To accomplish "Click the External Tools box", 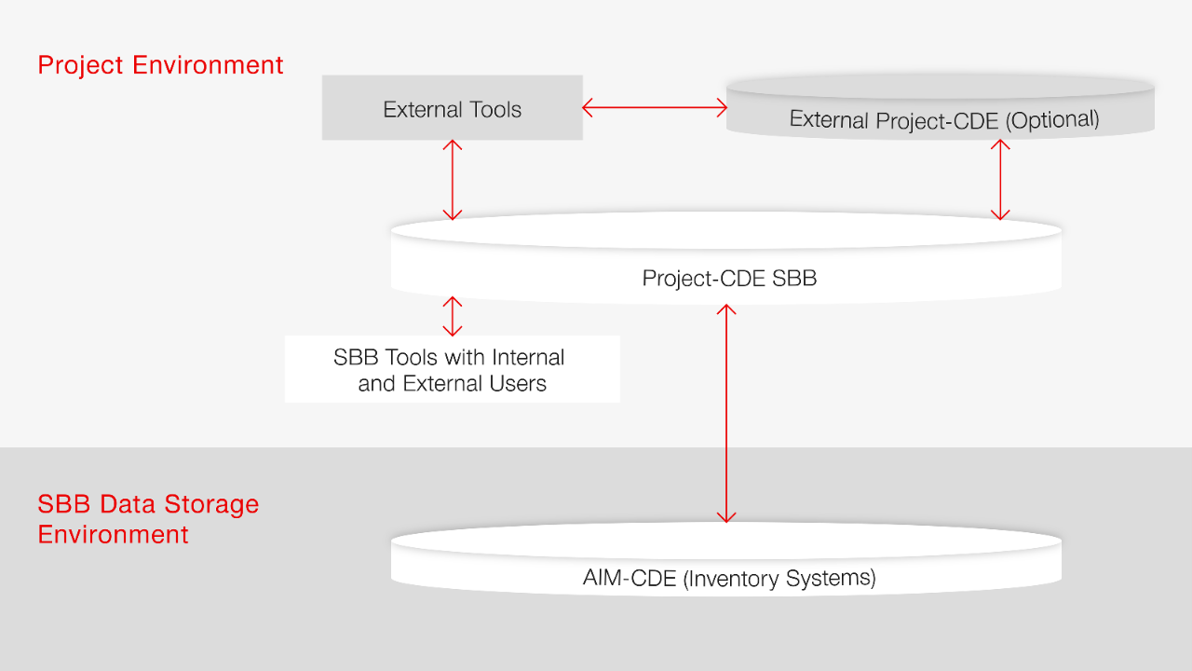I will [x=452, y=108].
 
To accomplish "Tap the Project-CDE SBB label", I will [x=729, y=278].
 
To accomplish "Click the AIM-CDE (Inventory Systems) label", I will [x=729, y=578].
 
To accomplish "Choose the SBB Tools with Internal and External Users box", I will [x=452, y=370].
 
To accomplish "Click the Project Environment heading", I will [x=160, y=65].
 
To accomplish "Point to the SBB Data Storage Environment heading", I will [x=148, y=519].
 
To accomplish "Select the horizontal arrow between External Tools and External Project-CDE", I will [x=655, y=108].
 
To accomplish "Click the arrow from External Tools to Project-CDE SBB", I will [x=453, y=180].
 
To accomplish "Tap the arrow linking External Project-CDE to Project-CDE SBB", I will [x=1001, y=180].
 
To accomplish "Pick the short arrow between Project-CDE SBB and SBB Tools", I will [x=453, y=316].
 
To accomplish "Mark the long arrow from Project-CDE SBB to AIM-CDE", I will [x=726, y=412].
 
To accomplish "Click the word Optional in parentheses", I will [x=1054, y=119].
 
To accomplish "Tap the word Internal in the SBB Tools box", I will [x=528, y=357].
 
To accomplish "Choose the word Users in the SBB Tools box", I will [x=518, y=383].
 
